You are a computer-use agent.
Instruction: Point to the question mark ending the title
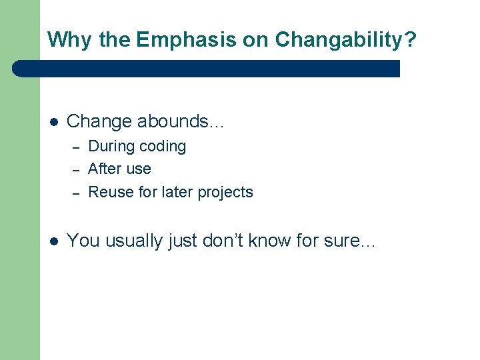pos(410,39)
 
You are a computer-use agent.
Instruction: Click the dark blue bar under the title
pos(207,69)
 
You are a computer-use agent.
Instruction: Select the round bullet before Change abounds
pos(54,122)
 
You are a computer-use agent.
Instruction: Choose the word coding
pos(163,147)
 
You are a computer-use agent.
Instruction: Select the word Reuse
pos(107,192)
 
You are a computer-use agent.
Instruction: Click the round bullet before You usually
pos(54,241)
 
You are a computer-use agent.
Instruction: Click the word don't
pos(223,240)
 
